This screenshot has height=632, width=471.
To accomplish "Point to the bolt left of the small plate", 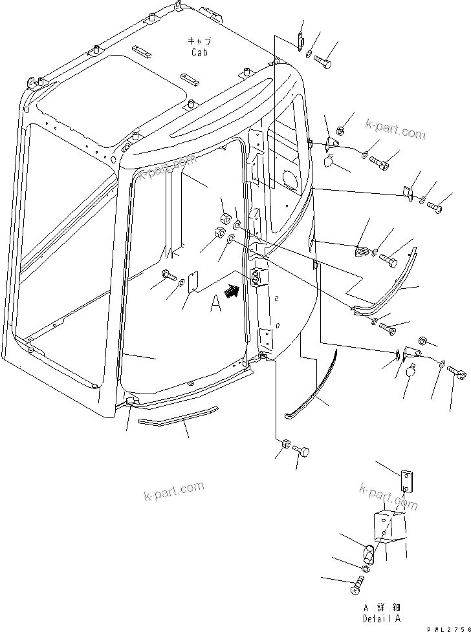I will [x=169, y=275].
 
